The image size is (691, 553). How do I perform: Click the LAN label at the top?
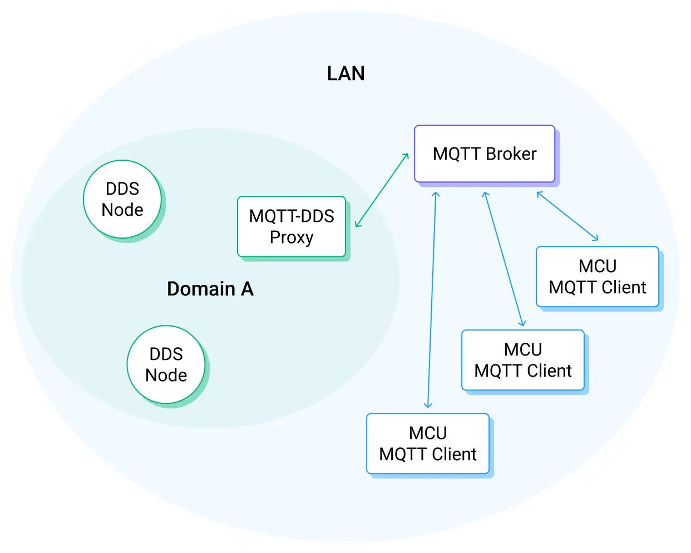point(345,73)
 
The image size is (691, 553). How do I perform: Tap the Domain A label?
point(210,289)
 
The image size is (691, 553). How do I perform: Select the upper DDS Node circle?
point(122,199)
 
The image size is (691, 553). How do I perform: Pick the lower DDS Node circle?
point(166,364)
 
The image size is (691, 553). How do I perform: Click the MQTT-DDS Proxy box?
point(292,226)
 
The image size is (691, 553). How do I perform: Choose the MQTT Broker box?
point(485,154)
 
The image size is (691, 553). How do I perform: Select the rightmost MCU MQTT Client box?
point(598,276)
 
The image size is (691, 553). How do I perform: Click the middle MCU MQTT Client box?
point(523,360)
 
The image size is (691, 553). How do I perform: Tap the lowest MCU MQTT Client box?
point(428,443)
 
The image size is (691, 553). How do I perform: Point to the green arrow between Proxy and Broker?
point(382,190)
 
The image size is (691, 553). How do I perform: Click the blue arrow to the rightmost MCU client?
point(567,216)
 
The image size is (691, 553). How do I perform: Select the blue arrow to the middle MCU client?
point(504,259)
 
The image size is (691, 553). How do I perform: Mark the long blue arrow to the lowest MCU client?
point(432,300)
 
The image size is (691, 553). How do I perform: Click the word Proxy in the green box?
point(292,238)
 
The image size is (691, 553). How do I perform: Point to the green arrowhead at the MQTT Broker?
point(406,156)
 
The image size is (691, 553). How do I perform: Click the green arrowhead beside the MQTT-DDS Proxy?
point(358,224)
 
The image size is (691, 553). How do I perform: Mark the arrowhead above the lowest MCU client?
point(428,404)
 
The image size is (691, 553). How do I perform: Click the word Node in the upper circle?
point(122,210)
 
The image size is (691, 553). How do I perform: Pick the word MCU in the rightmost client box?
point(598,266)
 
